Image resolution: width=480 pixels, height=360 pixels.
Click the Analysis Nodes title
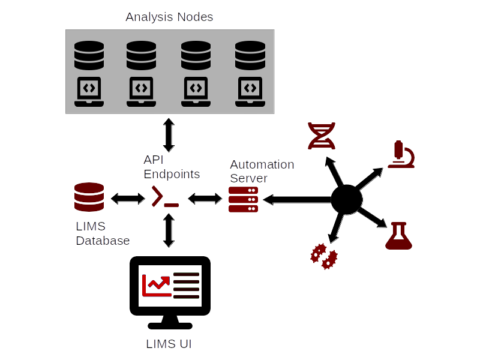click(x=169, y=17)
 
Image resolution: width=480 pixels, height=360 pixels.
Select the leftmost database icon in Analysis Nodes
click(x=89, y=56)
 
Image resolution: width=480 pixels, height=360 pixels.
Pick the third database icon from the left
click(x=196, y=56)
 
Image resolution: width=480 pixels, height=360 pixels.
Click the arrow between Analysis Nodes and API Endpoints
click(x=169, y=135)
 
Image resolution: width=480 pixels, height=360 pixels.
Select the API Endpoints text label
click(x=172, y=167)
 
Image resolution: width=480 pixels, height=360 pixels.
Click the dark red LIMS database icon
click(x=89, y=197)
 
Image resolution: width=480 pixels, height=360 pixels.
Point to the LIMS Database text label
click(x=103, y=234)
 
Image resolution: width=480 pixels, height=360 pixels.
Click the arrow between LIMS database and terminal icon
click(x=127, y=197)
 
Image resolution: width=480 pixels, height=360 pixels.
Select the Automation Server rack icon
click(x=243, y=199)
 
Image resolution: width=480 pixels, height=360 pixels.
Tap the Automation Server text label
click(x=262, y=171)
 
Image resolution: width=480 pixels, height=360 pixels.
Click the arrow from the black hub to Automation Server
click(x=297, y=199)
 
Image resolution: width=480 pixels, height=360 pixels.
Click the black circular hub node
click(x=347, y=199)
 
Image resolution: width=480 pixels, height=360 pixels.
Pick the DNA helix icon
click(x=321, y=136)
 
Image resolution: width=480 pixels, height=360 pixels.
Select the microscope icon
click(x=400, y=155)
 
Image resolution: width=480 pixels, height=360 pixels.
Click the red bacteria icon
click(x=323, y=256)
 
